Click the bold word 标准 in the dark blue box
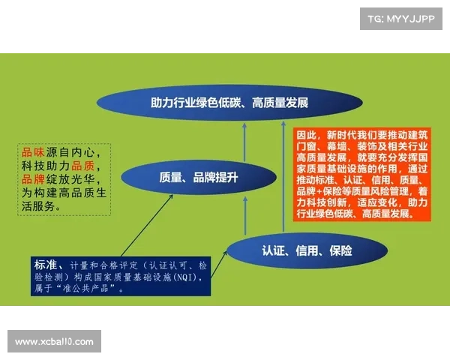[45, 265]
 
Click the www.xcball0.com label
[54, 342]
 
